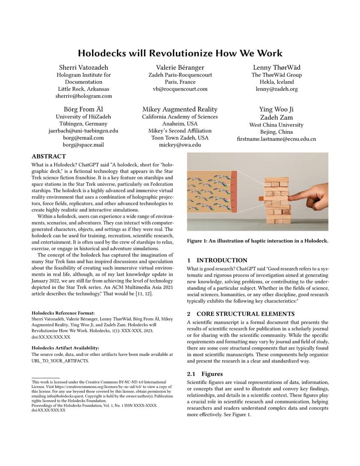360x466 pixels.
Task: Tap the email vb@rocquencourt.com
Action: [x=180, y=89]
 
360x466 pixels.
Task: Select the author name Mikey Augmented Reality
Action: [x=180, y=109]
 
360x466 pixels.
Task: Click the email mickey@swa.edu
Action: [x=180, y=145]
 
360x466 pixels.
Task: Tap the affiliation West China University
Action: [x=276, y=125]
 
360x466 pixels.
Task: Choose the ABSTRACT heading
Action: [x=49, y=156]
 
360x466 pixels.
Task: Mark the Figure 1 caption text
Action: [x=258, y=241]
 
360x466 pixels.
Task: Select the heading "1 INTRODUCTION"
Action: [x=218, y=261]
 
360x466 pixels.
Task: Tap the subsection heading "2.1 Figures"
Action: [x=205, y=374]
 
